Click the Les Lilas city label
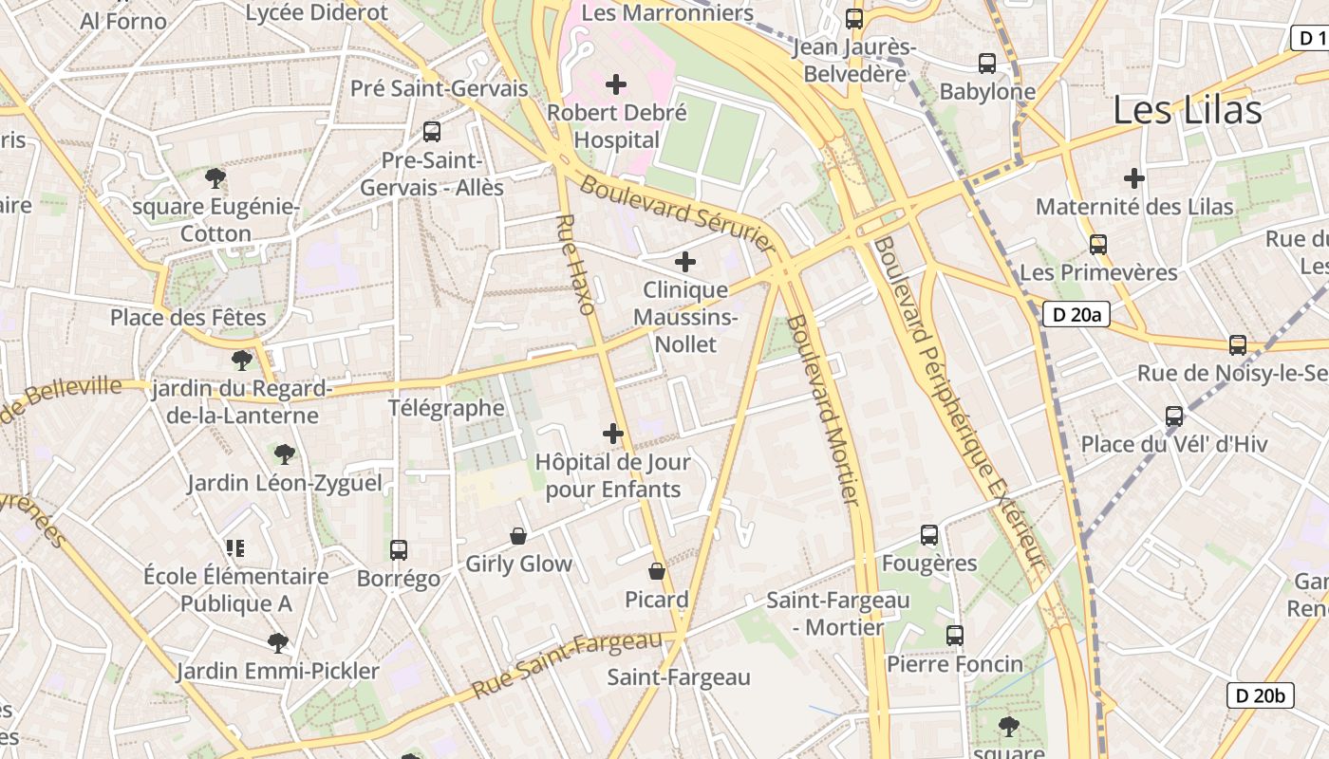[1187, 110]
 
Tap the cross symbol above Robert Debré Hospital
[616, 84]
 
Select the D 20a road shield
[1076, 314]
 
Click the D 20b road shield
[1260, 695]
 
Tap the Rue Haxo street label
[575, 265]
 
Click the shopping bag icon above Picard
[656, 571]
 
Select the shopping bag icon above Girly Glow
[518, 536]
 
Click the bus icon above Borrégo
[399, 550]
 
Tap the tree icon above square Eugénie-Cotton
[215, 177]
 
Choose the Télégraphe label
[446, 408]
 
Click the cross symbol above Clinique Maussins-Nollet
[685, 262]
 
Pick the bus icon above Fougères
[929, 535]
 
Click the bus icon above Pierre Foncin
[955, 636]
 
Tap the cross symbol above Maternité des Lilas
[1133, 178]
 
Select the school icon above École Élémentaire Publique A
[235, 547]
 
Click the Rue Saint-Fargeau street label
[567, 664]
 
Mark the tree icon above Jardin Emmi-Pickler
[277, 643]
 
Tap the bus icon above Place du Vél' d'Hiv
[1174, 417]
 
